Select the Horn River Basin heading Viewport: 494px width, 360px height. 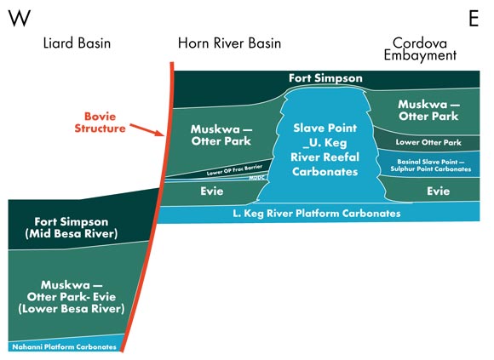(229, 43)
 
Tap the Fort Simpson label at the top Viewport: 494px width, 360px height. (325, 78)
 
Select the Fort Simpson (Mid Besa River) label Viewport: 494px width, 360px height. (71, 226)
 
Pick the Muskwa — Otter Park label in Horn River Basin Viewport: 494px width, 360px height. (220, 134)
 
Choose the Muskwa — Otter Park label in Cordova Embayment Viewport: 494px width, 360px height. (429, 109)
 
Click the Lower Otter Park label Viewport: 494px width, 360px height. (428, 142)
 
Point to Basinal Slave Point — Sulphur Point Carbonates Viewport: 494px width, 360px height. (434, 165)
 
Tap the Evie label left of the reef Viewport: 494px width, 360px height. (212, 192)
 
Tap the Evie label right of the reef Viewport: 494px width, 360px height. (438, 191)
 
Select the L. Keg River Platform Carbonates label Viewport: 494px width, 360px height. (316, 214)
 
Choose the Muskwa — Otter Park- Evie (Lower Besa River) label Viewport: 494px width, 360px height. (71, 295)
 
